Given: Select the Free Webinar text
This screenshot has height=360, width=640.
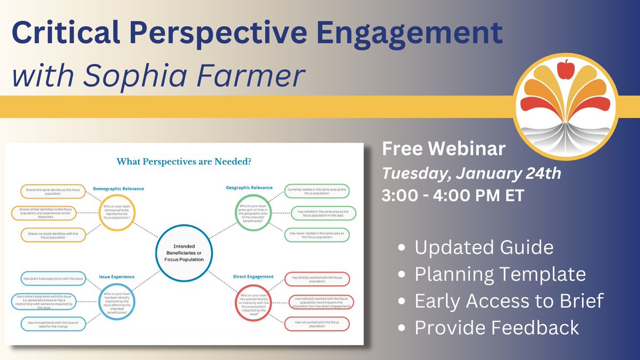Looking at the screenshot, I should [x=443, y=149].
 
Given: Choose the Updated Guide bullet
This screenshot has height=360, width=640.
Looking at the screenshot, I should [x=484, y=247].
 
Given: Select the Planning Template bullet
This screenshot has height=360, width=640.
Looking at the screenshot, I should [x=500, y=274].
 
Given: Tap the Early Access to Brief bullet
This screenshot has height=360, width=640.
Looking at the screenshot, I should [x=509, y=301].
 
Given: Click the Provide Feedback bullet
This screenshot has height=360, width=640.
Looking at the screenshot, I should [x=497, y=327].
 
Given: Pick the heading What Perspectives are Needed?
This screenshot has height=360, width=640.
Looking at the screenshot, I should [x=184, y=161].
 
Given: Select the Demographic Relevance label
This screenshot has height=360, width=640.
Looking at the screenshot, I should [x=118, y=188].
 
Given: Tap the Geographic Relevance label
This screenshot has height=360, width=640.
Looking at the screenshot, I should [x=249, y=187].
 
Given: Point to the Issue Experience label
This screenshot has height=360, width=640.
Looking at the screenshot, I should [x=117, y=277].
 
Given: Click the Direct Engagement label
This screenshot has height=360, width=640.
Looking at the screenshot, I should [x=253, y=277].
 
